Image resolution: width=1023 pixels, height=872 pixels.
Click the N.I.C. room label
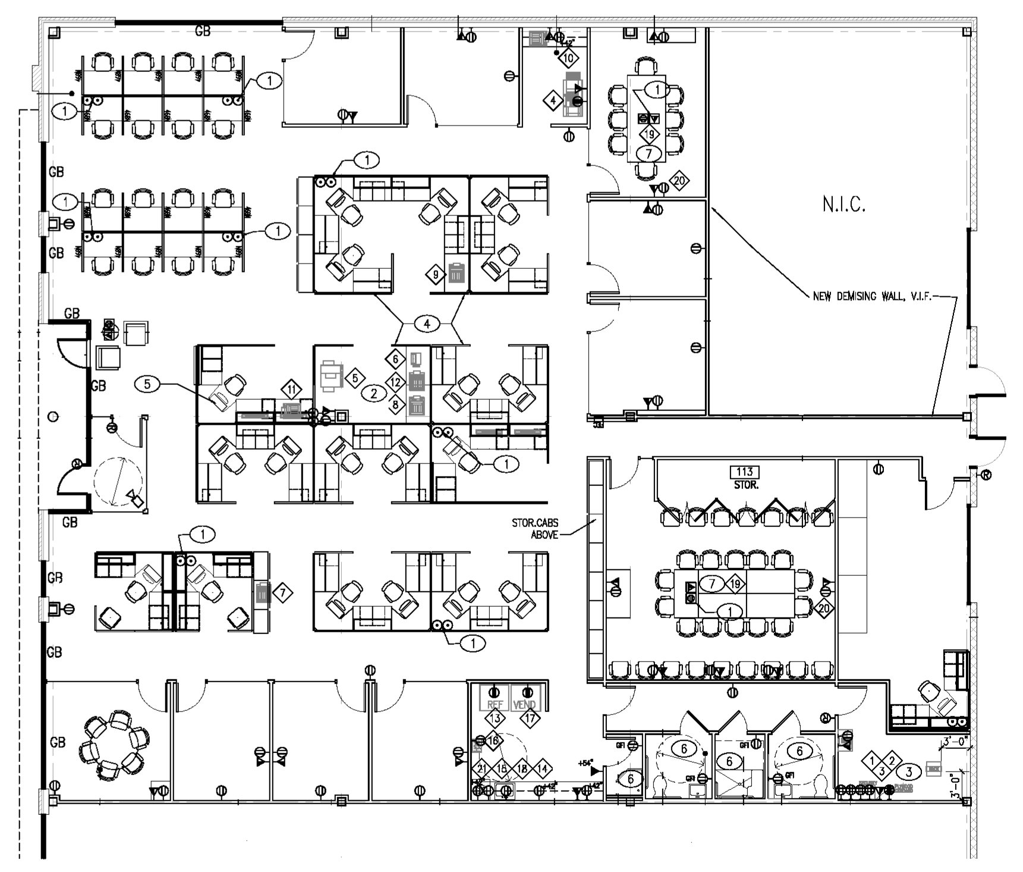click(x=844, y=205)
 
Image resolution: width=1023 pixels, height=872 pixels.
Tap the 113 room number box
click(x=745, y=473)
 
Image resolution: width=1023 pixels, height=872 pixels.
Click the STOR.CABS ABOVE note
click(x=535, y=529)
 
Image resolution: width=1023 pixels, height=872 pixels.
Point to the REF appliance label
click(x=495, y=704)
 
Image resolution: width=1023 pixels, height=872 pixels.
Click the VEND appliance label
click(x=524, y=704)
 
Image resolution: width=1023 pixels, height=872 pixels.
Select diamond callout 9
click(x=436, y=275)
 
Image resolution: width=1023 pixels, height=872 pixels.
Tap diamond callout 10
click(x=568, y=58)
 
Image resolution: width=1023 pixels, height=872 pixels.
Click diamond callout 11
click(x=291, y=390)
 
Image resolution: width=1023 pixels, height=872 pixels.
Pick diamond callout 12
click(x=395, y=382)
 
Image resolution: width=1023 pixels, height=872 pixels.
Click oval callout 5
click(x=147, y=384)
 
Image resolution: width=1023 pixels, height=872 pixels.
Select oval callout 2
click(x=374, y=393)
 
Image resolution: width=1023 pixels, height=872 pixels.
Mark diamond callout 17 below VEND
click(x=530, y=719)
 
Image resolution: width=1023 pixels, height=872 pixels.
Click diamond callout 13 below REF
click(x=495, y=719)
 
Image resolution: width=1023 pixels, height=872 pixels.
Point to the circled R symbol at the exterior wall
click(x=986, y=475)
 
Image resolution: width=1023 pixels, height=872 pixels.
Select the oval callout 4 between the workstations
click(x=427, y=324)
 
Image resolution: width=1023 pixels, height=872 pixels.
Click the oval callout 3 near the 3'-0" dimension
click(x=909, y=773)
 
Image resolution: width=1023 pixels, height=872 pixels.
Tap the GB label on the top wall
click(x=203, y=31)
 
